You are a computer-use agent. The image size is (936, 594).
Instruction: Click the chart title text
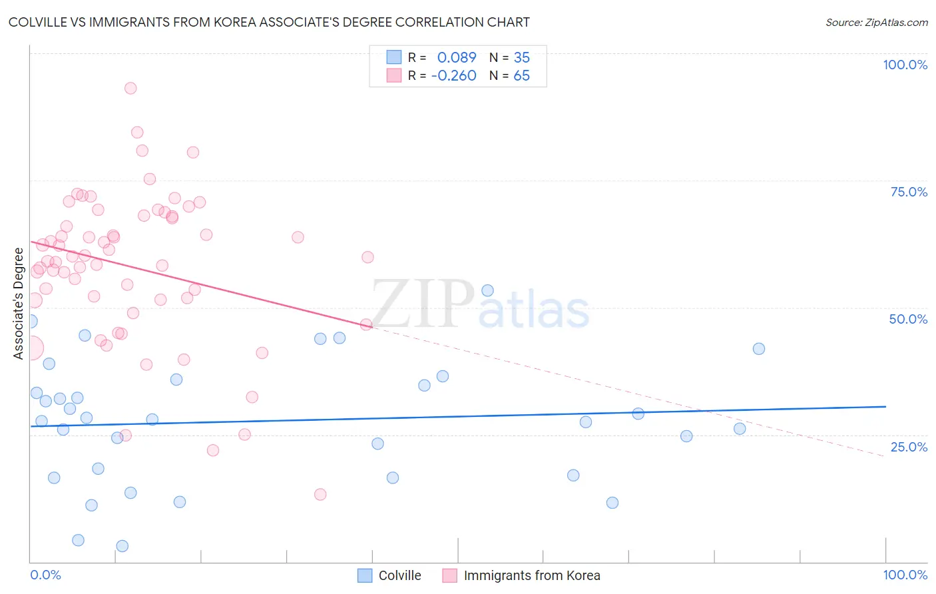click(269, 22)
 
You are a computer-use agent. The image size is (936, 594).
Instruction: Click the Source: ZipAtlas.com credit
click(876, 23)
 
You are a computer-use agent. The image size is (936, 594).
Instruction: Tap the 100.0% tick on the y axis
click(905, 65)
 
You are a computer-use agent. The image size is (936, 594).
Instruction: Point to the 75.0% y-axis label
click(909, 192)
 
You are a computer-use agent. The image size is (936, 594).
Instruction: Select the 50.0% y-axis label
click(908, 319)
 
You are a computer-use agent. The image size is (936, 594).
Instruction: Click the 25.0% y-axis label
click(909, 447)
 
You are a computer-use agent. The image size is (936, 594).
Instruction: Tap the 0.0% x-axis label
click(45, 575)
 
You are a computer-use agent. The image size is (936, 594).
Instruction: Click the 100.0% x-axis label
click(905, 575)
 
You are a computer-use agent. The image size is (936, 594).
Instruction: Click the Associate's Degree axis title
click(19, 304)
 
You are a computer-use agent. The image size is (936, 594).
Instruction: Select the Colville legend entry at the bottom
click(389, 575)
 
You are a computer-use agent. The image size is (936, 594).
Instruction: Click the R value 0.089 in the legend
click(457, 57)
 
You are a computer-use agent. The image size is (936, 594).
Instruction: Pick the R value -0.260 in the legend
click(454, 76)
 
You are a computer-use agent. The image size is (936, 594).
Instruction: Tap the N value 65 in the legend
click(521, 76)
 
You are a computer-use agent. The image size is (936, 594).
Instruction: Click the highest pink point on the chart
click(130, 89)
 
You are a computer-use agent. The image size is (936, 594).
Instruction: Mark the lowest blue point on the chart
click(122, 546)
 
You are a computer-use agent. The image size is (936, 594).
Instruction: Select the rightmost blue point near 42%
click(759, 349)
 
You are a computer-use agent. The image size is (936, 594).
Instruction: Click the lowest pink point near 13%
click(320, 494)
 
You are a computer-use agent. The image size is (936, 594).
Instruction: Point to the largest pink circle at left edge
click(31, 348)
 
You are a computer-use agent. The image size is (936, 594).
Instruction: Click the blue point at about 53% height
click(487, 290)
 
